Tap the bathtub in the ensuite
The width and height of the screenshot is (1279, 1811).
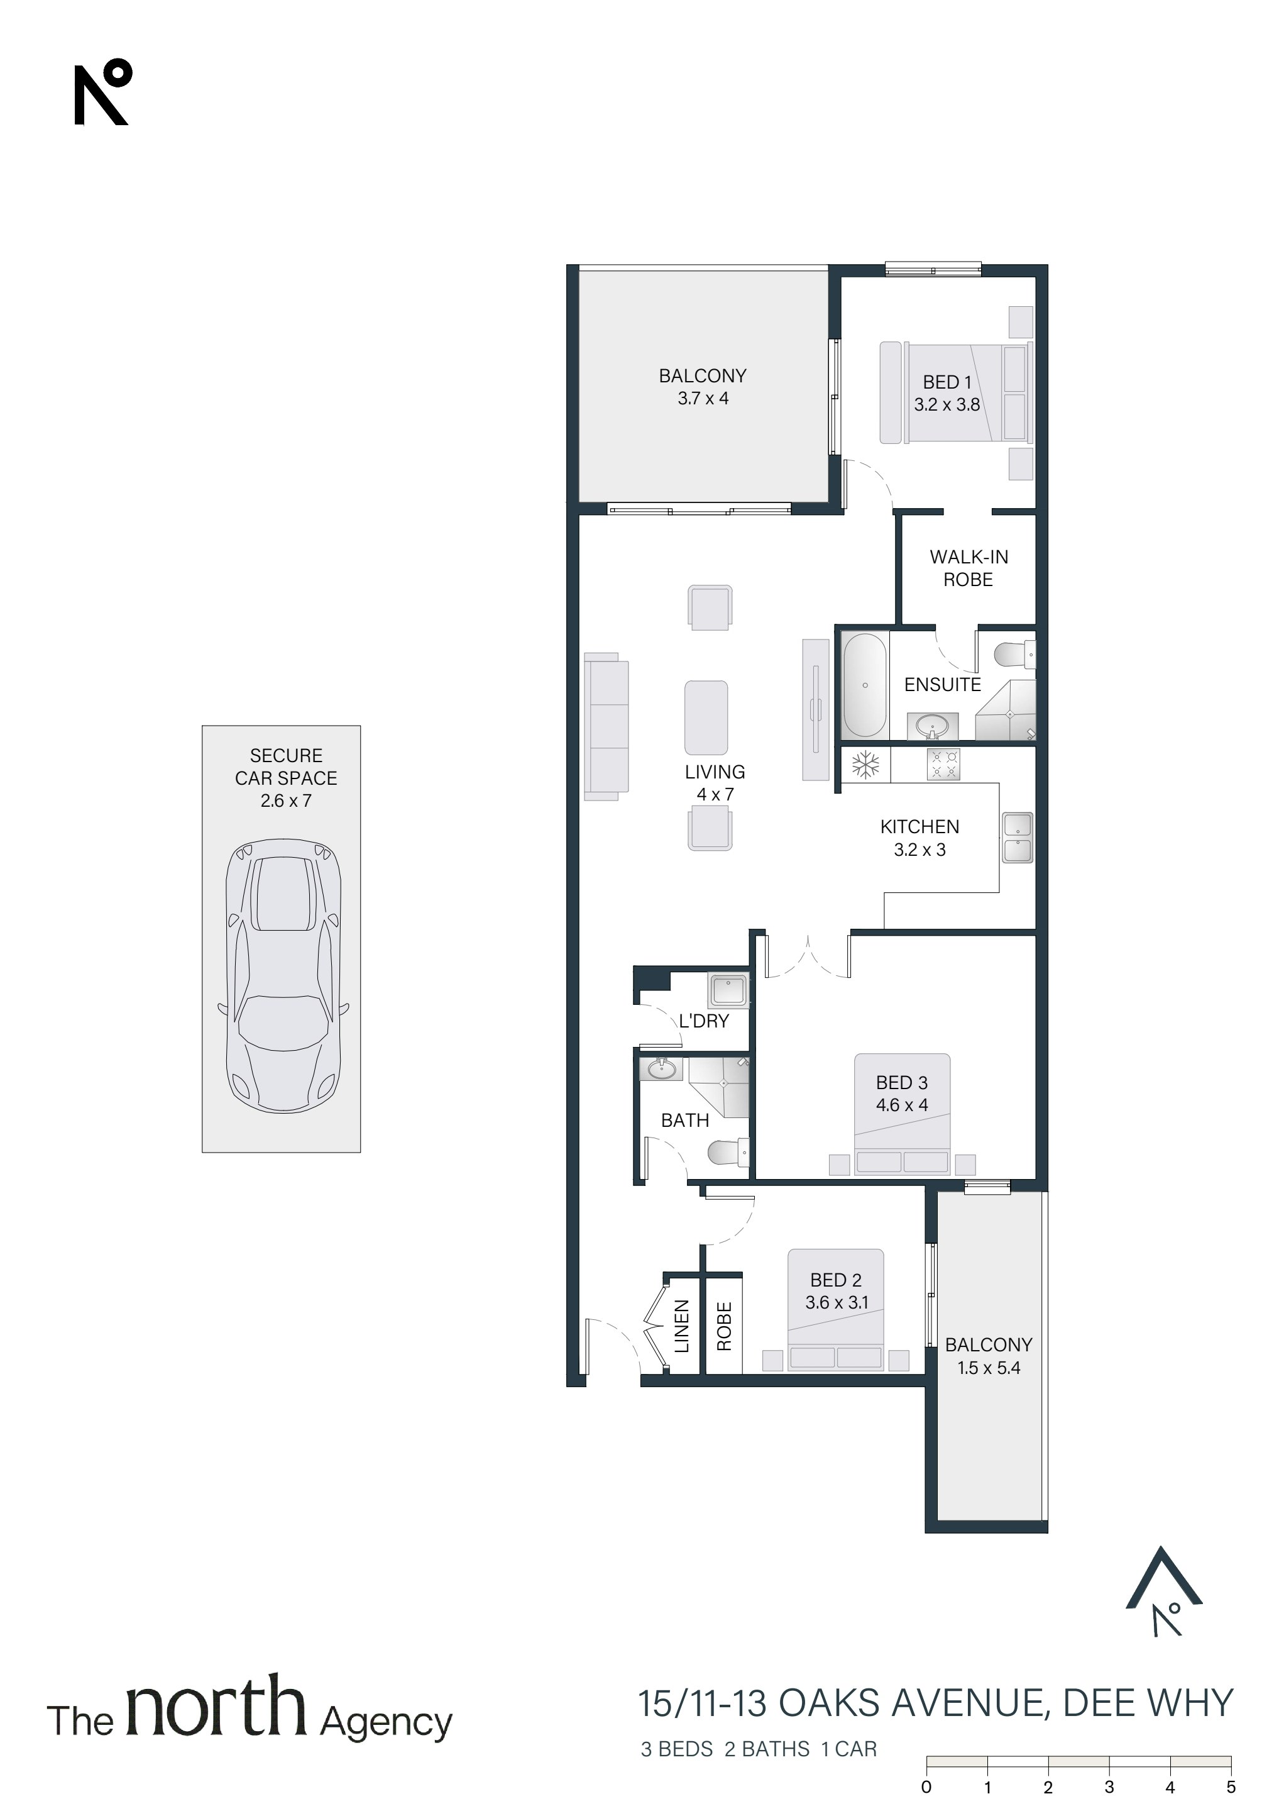pyautogui.click(x=865, y=685)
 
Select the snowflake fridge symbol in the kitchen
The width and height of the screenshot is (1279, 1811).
pyautogui.click(x=866, y=764)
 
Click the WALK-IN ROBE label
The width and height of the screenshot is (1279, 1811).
pyautogui.click(x=969, y=568)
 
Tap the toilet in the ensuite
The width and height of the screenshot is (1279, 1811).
pyautogui.click(x=1015, y=655)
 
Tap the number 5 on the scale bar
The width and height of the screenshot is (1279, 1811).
pyautogui.click(x=1231, y=1786)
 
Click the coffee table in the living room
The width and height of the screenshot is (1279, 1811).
pyautogui.click(x=706, y=717)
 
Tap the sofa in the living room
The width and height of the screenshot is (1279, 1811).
pyautogui.click(x=606, y=726)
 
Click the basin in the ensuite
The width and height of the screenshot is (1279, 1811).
pyautogui.click(x=933, y=726)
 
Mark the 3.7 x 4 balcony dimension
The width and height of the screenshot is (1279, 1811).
pyautogui.click(x=703, y=398)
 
